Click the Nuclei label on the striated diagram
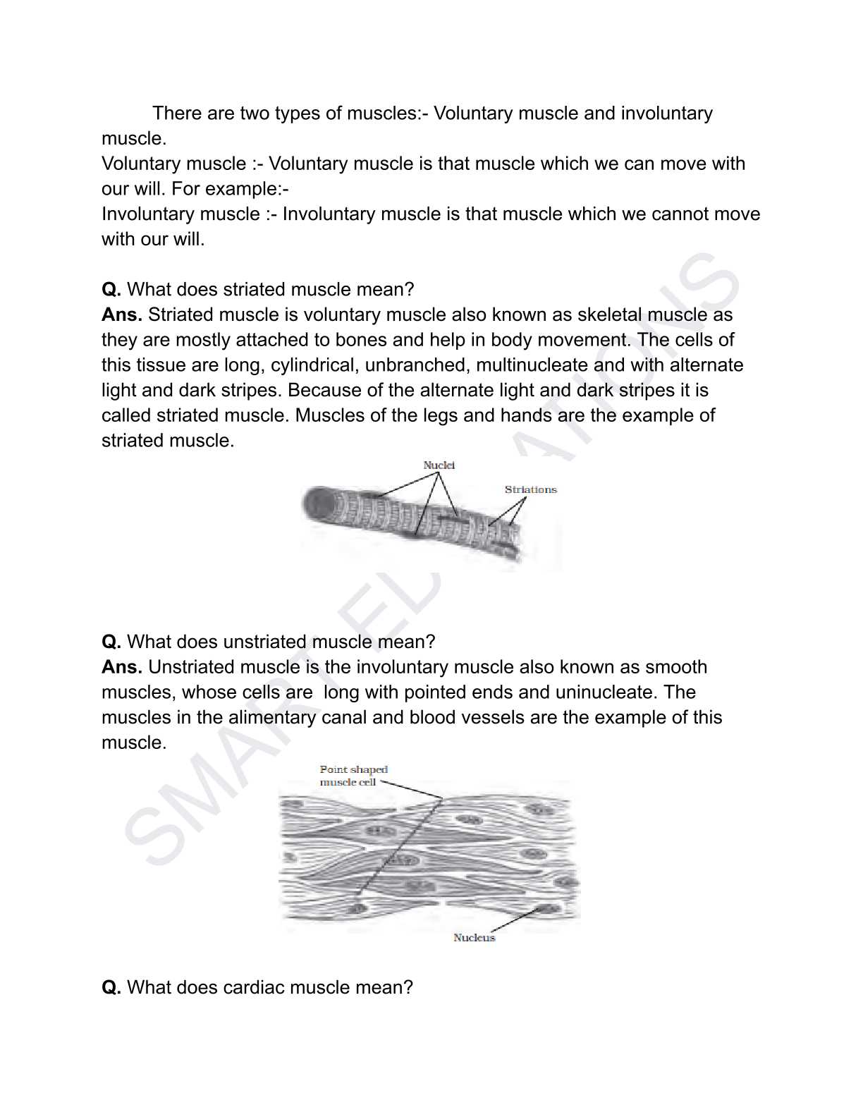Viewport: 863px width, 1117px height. (x=439, y=465)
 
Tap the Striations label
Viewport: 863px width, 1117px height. (x=530, y=489)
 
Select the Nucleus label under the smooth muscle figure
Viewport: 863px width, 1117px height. (x=474, y=937)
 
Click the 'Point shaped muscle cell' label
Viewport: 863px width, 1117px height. (x=353, y=776)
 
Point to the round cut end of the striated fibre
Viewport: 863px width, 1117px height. (x=319, y=503)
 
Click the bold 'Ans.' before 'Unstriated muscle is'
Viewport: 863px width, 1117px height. (x=121, y=667)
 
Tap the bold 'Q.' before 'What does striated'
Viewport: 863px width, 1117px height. (x=111, y=290)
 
